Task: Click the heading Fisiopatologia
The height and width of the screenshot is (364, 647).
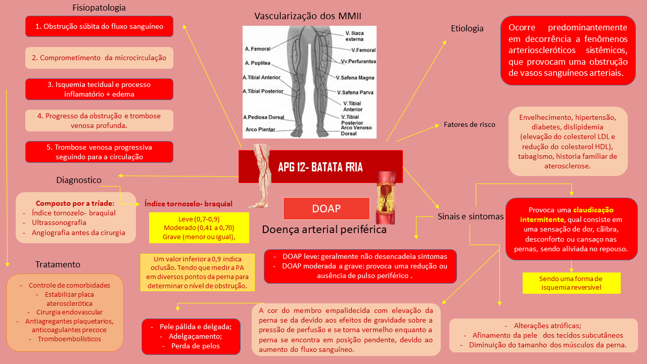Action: (99, 8)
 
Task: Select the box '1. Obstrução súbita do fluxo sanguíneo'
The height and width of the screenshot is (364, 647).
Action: (99, 26)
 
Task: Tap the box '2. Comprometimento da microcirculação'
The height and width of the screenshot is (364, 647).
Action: (99, 58)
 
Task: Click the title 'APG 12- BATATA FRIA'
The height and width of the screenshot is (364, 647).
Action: (320, 167)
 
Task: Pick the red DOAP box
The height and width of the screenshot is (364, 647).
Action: (326, 208)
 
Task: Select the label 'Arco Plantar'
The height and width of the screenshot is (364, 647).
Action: (261, 129)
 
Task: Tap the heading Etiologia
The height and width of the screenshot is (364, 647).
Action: (467, 28)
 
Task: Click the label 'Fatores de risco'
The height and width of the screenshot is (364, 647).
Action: (469, 124)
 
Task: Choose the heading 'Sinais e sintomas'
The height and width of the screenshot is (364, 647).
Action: (470, 216)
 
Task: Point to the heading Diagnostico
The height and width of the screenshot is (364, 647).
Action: (79, 180)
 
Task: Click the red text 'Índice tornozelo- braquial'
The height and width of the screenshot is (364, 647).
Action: (189, 204)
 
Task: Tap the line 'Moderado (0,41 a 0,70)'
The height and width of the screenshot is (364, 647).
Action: (199, 228)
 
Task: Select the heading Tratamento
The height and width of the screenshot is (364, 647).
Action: (58, 264)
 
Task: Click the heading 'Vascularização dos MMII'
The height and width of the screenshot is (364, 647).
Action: (307, 16)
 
